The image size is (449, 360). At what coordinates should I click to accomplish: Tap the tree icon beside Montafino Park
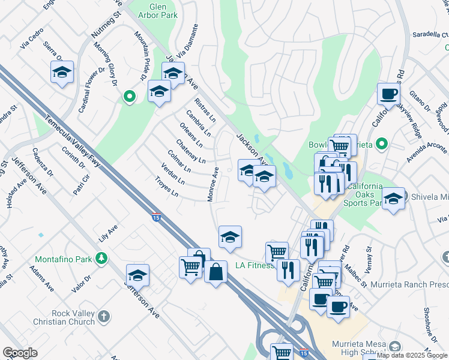click(x=101, y=258)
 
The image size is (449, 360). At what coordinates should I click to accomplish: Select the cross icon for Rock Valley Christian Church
click(x=103, y=316)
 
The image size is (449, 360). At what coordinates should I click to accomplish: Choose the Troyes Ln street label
click(x=167, y=187)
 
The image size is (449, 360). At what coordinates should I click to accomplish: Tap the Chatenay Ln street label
click(x=190, y=152)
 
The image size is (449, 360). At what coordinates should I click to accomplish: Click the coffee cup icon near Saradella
click(x=388, y=94)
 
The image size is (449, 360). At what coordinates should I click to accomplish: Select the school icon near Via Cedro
click(x=62, y=72)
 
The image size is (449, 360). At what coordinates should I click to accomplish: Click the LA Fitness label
click(x=255, y=265)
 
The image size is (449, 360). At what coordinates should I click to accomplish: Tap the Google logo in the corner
click(x=20, y=352)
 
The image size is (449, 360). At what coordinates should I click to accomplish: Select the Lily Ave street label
click(x=109, y=230)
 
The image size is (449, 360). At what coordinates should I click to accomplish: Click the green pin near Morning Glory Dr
click(x=129, y=96)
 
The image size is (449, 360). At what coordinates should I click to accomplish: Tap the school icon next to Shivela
click(x=393, y=199)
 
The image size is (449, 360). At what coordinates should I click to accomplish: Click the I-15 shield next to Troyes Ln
click(x=156, y=215)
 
